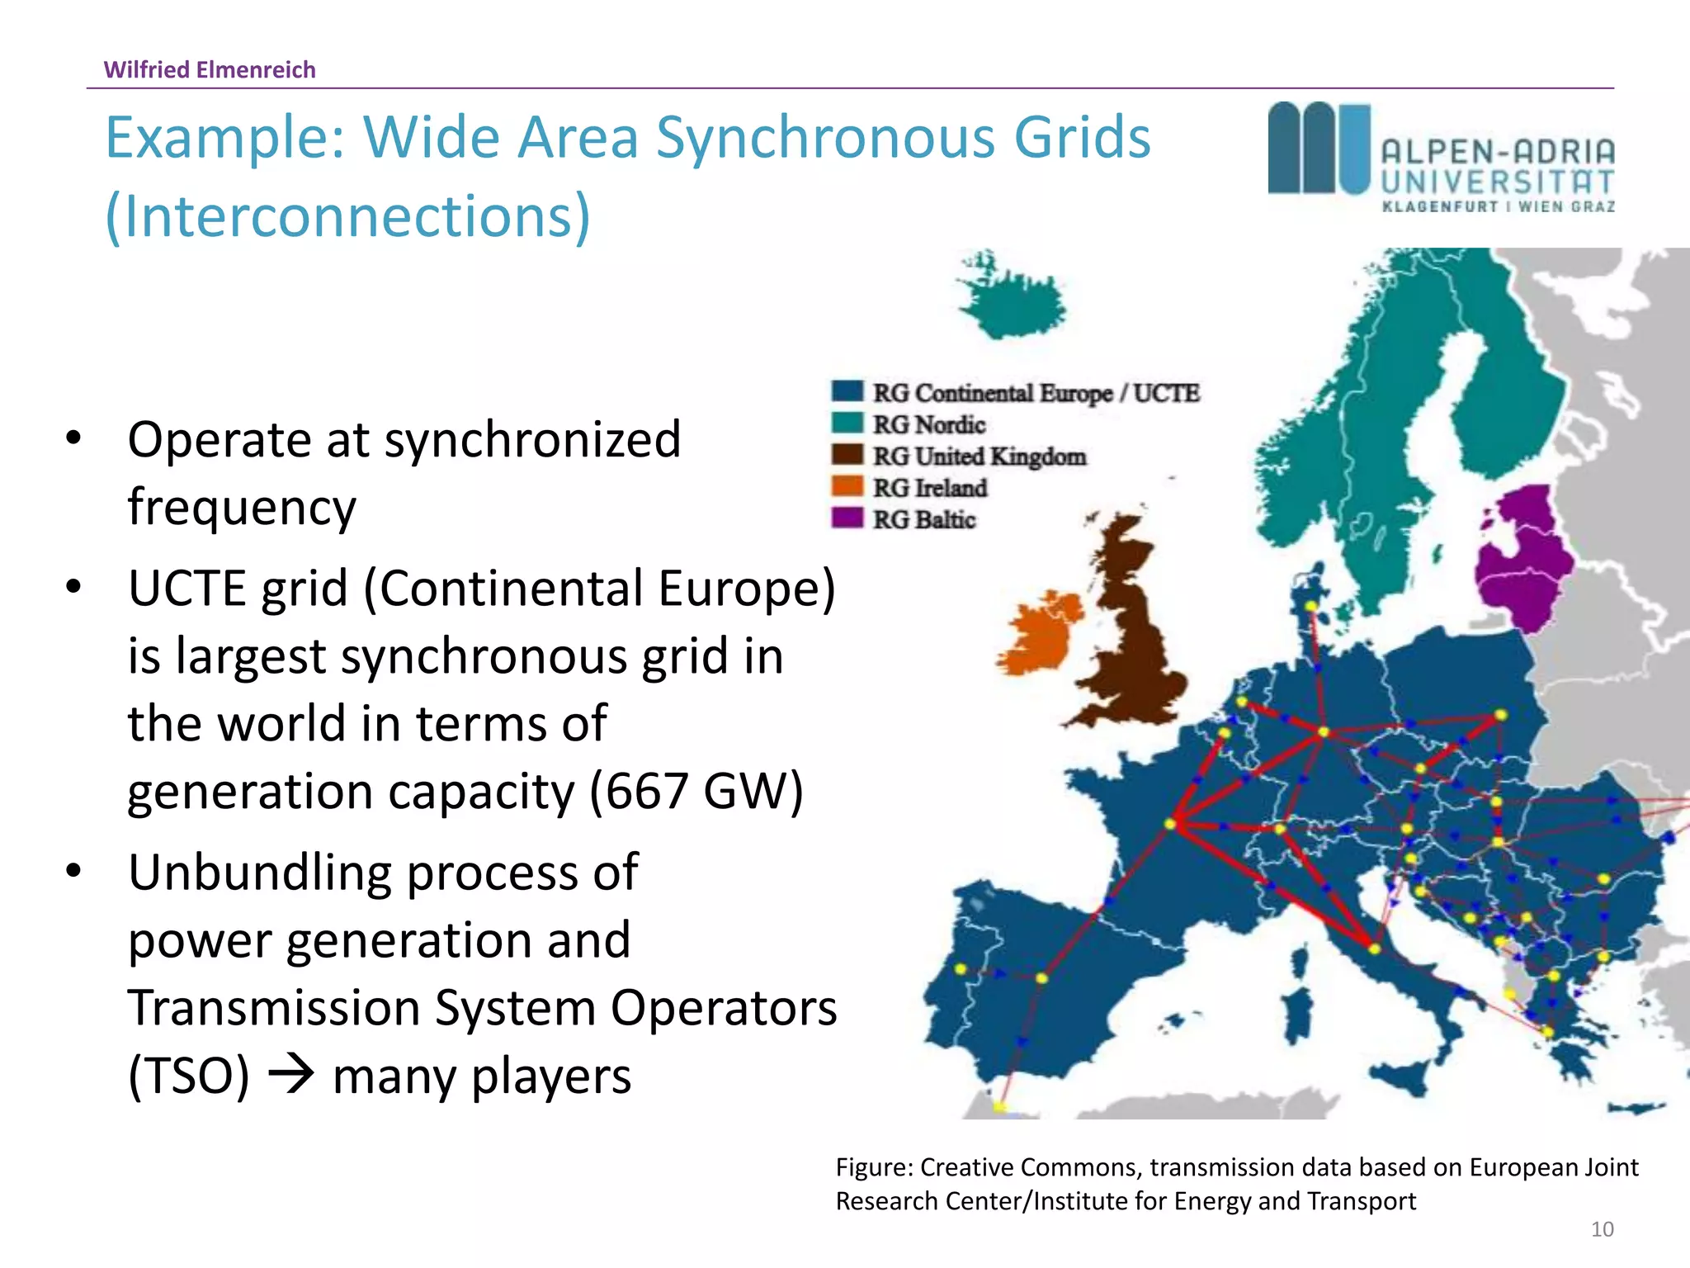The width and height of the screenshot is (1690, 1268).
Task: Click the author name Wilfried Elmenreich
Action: point(210,70)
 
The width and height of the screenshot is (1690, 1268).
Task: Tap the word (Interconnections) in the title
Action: point(348,216)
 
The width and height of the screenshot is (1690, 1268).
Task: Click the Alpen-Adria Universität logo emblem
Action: point(1319,149)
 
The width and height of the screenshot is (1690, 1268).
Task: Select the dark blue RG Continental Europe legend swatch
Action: point(847,391)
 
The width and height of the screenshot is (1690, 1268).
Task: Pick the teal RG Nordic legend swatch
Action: point(847,423)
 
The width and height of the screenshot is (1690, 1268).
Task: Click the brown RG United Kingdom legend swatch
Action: point(847,455)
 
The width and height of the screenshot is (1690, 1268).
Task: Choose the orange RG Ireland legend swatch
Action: point(847,486)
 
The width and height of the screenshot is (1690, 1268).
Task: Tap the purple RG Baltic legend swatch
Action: point(847,518)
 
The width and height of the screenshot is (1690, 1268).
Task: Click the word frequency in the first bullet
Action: point(242,507)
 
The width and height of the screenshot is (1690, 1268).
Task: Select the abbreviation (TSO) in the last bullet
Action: point(189,1076)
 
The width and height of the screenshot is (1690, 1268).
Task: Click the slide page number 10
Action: point(1602,1229)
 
